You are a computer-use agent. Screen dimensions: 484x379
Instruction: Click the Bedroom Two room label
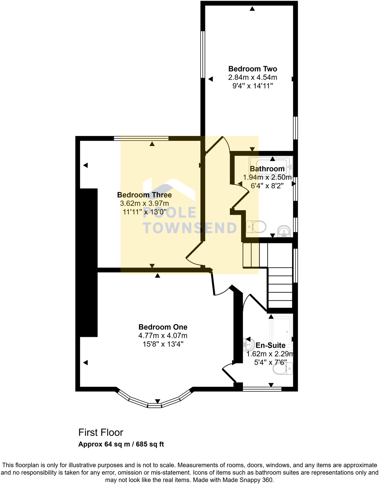click(x=252, y=69)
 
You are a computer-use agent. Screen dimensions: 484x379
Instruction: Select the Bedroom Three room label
click(x=144, y=195)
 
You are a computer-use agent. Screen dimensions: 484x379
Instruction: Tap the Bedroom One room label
click(x=163, y=327)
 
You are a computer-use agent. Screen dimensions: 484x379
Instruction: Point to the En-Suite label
click(x=271, y=345)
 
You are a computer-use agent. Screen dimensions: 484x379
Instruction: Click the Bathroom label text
click(x=267, y=169)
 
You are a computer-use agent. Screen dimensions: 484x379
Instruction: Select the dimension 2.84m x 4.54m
click(x=252, y=77)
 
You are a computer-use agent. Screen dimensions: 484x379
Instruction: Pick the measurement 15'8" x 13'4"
click(x=163, y=344)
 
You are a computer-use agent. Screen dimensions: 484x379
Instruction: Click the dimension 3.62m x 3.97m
click(x=144, y=203)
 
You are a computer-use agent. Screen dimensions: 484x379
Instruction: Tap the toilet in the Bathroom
click(x=256, y=227)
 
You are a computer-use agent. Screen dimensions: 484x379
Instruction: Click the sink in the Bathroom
click(x=284, y=231)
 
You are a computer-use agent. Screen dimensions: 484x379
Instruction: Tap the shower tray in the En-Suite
click(x=280, y=331)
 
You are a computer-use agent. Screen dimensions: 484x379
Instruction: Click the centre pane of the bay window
click(x=154, y=406)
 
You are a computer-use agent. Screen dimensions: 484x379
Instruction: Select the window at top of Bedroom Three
click(x=141, y=139)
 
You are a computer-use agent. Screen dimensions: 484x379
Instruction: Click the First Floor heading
click(x=101, y=432)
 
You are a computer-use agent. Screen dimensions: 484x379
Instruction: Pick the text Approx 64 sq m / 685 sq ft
click(x=121, y=444)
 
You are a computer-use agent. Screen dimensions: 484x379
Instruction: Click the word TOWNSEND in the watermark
click(x=190, y=228)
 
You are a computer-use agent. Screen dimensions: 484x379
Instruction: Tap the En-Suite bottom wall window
click(x=262, y=389)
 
